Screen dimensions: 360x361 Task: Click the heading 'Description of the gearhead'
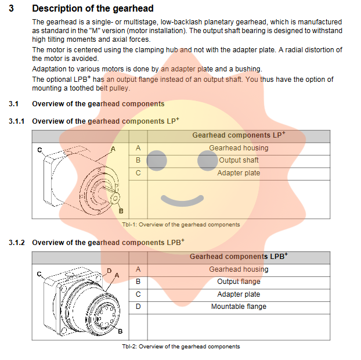click(x=93, y=8)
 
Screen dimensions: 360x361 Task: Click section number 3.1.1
click(x=16, y=121)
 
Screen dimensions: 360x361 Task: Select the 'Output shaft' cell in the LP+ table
click(x=239, y=160)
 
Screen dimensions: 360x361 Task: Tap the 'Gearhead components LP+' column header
click(x=239, y=135)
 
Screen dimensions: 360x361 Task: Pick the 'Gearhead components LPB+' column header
click(x=239, y=257)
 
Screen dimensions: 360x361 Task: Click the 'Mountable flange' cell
click(x=239, y=307)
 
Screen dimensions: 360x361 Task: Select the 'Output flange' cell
click(x=239, y=282)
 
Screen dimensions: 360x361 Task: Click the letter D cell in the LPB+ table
click(x=138, y=307)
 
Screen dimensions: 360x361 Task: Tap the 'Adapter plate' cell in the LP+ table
click(x=239, y=173)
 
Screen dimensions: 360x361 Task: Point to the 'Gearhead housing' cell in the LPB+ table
click(x=239, y=269)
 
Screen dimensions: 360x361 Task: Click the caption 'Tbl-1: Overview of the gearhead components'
click(x=180, y=225)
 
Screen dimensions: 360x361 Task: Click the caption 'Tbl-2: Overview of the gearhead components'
click(x=180, y=347)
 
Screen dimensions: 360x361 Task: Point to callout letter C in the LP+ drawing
click(x=40, y=150)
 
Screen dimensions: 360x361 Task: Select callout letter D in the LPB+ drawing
click(x=109, y=271)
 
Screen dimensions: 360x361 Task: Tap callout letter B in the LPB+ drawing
click(x=120, y=332)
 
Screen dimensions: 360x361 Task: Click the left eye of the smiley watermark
click(x=157, y=161)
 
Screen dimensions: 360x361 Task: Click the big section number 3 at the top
click(x=12, y=8)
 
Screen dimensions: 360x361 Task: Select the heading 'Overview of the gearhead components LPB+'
click(x=108, y=242)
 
